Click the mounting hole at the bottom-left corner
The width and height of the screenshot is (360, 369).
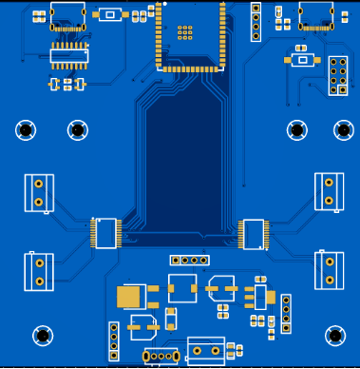[43, 335]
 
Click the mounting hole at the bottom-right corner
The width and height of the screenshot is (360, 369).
[335, 335]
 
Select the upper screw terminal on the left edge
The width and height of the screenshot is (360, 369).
[39, 192]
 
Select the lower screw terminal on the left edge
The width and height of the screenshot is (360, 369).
[39, 269]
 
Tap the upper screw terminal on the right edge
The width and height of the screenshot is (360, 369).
[329, 191]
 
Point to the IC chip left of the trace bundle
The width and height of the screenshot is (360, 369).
[105, 233]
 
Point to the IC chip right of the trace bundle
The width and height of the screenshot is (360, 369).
[254, 233]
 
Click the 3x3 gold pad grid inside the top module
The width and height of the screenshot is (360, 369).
[185, 32]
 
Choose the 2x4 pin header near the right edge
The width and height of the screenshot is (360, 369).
[338, 76]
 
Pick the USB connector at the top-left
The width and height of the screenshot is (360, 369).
[69, 16]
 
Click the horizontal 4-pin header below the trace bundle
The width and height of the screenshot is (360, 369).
[189, 260]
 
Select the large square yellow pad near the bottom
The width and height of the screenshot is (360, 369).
[129, 297]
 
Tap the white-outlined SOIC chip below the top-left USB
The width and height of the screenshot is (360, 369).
[69, 56]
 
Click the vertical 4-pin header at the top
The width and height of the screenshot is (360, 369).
[256, 22]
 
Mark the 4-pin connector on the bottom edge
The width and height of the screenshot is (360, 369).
[161, 357]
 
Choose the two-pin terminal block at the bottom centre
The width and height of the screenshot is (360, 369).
[206, 351]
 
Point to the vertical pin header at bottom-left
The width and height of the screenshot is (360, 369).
[114, 341]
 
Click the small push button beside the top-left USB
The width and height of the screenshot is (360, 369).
[111, 14]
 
